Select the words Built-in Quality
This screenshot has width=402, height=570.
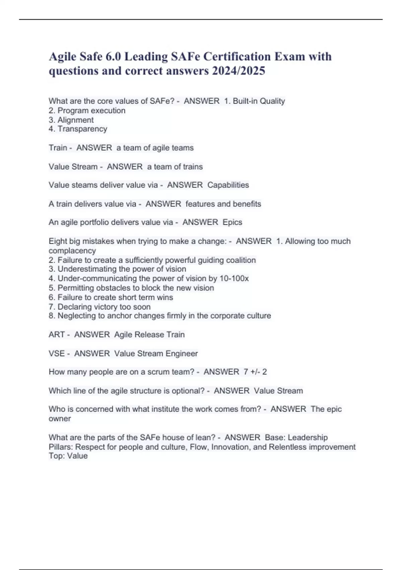259,101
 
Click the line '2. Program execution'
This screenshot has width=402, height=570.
87,111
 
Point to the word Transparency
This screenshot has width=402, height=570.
82,129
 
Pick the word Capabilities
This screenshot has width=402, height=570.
228,185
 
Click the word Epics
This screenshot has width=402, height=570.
232,222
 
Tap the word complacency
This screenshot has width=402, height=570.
72,251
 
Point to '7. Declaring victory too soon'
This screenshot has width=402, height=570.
99,307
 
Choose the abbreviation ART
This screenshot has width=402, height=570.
57,335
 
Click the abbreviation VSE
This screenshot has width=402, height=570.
57,354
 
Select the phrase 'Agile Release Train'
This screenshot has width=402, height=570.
149,335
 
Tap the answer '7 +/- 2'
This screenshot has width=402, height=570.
255,372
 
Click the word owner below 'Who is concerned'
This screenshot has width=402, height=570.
60,419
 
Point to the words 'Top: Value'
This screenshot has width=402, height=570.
68,456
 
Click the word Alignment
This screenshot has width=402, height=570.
75,120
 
